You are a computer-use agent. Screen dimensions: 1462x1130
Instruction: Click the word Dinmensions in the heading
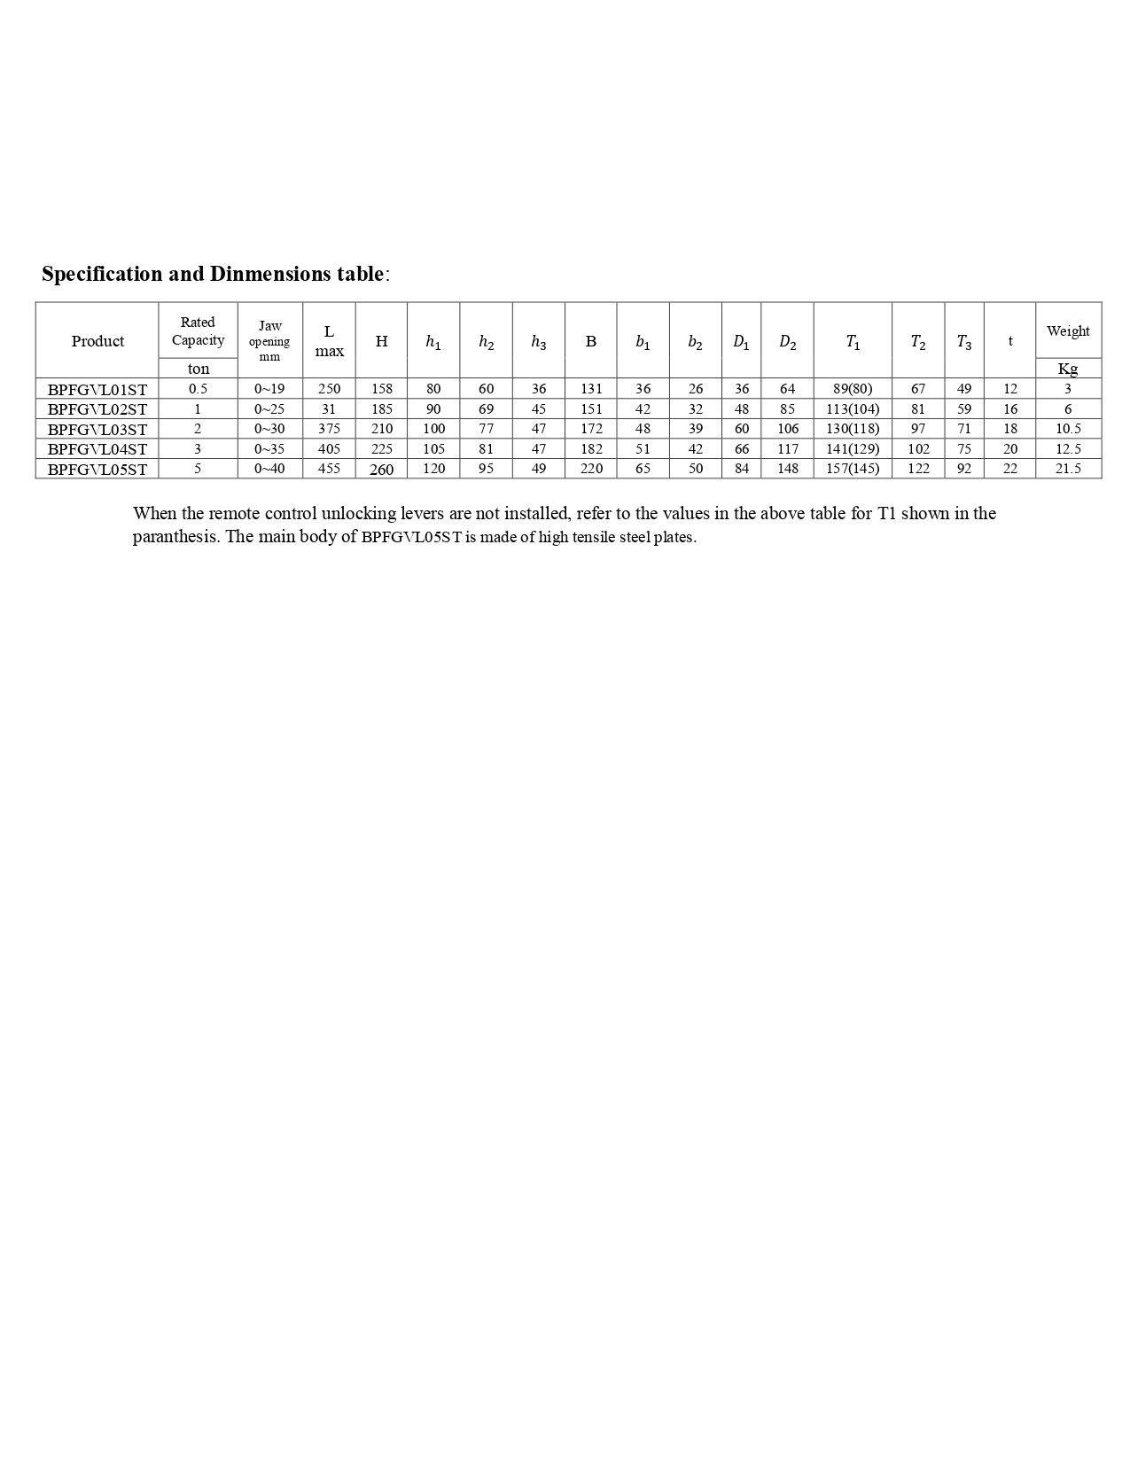point(270,274)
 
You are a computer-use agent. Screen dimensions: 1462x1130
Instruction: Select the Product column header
point(97,341)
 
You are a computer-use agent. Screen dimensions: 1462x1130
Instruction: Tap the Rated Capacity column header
point(198,331)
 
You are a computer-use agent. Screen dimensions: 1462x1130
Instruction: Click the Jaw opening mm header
point(269,341)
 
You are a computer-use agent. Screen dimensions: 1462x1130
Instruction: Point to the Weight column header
point(1068,331)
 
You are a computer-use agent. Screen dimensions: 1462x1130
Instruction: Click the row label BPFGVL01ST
point(97,389)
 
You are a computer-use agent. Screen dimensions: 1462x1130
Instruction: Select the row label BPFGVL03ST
point(97,429)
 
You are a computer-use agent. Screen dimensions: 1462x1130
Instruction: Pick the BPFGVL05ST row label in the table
point(97,469)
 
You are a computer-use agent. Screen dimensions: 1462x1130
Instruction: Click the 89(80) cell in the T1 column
point(853,389)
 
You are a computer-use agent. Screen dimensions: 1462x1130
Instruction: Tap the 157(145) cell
point(853,469)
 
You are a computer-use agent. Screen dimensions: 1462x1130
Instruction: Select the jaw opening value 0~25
point(269,409)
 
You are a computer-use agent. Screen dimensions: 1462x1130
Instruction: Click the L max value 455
point(329,469)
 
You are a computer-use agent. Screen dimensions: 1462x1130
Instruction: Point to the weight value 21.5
point(1068,469)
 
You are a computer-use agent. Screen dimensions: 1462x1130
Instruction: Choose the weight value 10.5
point(1068,429)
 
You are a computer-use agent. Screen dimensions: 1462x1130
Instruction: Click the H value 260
point(381,470)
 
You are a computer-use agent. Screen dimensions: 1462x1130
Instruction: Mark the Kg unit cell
point(1068,369)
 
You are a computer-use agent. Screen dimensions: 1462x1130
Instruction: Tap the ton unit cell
point(199,369)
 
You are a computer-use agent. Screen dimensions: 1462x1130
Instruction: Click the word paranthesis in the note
point(174,537)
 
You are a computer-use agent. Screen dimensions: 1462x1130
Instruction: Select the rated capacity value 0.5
point(198,389)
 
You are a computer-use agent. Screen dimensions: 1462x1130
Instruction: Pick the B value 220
point(591,469)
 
